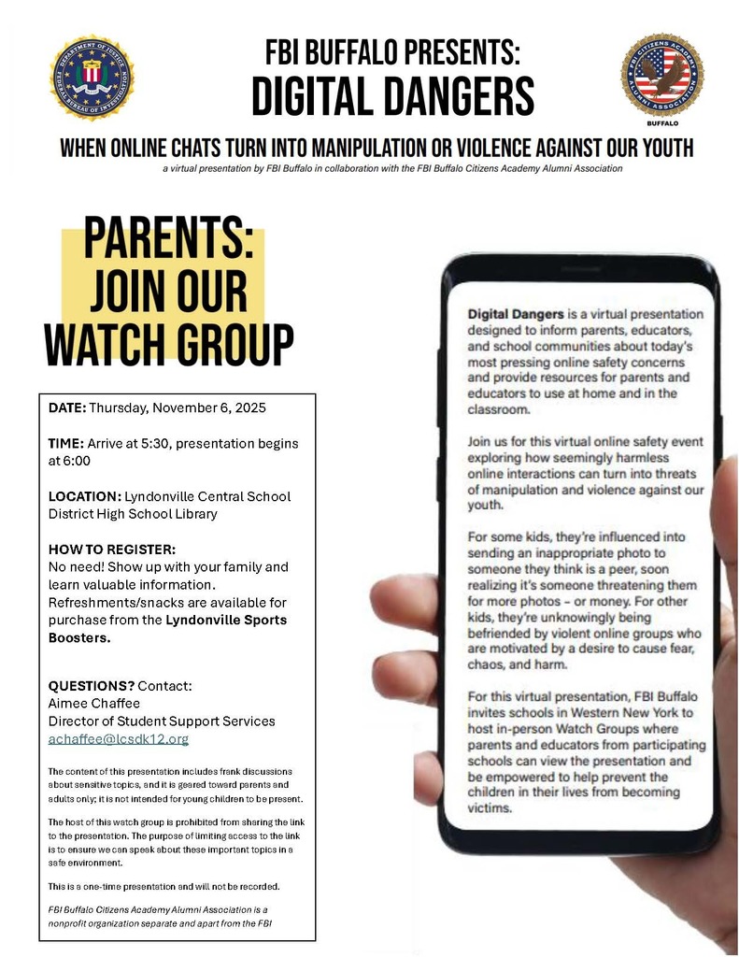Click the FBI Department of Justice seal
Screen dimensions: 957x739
(91, 78)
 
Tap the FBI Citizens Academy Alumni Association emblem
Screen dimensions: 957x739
(661, 76)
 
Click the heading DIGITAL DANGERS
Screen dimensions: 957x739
(392, 96)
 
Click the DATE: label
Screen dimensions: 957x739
(67, 408)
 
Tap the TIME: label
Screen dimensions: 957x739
(66, 443)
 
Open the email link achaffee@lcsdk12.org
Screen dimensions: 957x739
(119, 738)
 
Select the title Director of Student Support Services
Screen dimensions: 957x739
(162, 721)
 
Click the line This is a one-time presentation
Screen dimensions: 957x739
(163, 885)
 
